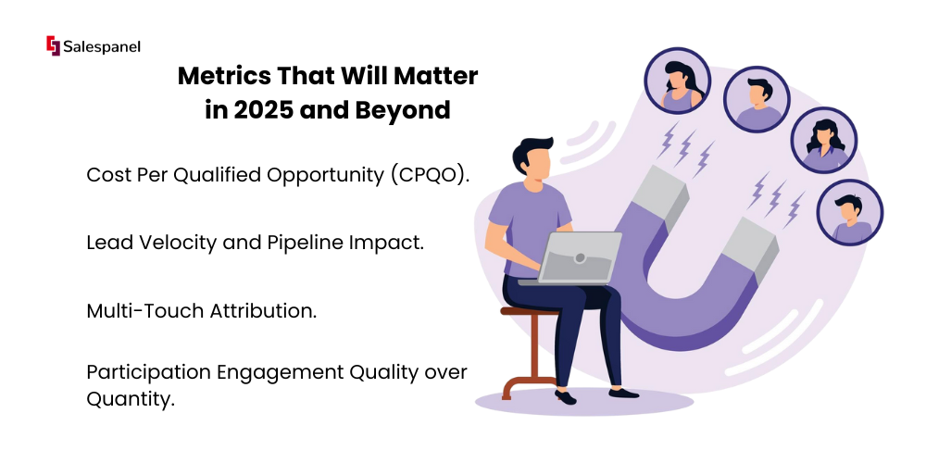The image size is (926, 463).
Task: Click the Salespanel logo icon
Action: point(53,45)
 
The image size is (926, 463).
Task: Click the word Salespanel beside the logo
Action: point(102,46)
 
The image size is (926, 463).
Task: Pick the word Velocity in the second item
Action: point(177,243)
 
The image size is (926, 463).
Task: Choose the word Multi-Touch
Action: point(145,310)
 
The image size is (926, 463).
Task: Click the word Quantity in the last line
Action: point(131,399)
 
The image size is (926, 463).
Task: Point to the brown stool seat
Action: point(529,310)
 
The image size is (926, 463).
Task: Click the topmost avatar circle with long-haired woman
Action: point(677,81)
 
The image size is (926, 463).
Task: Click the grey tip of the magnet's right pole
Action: point(751,247)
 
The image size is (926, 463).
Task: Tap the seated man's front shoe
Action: point(623,393)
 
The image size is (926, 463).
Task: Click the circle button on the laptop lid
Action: point(580,258)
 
